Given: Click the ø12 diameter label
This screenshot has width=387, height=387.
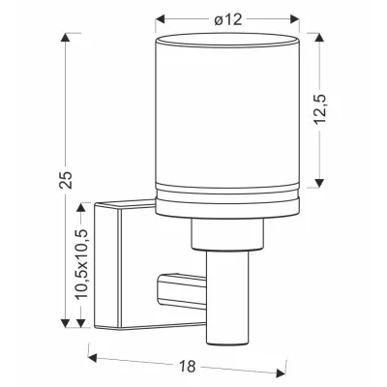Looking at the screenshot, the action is pyautogui.click(x=228, y=20).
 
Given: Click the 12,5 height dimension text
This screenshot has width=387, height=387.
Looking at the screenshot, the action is pyautogui.click(x=321, y=109).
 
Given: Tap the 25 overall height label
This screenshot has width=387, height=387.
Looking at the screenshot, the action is pyautogui.click(x=67, y=179).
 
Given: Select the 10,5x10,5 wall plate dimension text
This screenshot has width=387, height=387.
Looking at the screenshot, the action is pyautogui.click(x=81, y=264).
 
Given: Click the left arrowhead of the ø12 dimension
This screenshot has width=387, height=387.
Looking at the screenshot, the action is pyautogui.click(x=161, y=19).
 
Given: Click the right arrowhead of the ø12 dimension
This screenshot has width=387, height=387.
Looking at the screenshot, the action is pyautogui.click(x=295, y=19).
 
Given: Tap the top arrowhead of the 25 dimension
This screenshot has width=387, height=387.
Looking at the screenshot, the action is pyautogui.click(x=65, y=37).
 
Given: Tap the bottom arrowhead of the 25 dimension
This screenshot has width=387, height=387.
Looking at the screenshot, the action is pyautogui.click(x=65, y=323).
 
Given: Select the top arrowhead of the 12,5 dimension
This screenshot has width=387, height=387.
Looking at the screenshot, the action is pyautogui.click(x=319, y=37).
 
